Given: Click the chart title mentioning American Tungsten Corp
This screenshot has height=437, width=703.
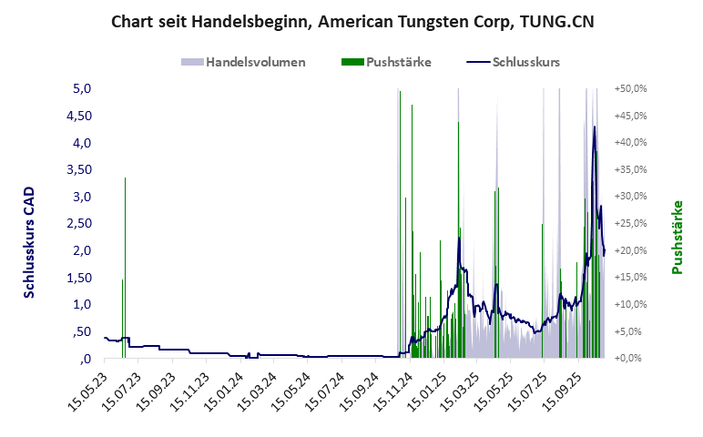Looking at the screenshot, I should (x=351, y=21).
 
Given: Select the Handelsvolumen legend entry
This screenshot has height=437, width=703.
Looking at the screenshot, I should (x=243, y=63).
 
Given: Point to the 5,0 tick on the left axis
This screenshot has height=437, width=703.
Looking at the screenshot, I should (x=83, y=89).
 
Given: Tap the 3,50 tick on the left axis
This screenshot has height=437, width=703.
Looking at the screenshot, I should (x=80, y=170).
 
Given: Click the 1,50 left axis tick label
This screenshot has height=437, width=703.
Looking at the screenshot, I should (x=80, y=278).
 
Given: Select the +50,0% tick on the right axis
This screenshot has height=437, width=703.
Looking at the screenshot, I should (x=631, y=89).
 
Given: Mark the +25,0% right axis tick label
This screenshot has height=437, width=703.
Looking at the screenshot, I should (x=631, y=224).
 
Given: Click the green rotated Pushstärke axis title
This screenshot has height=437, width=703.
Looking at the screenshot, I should (x=677, y=237).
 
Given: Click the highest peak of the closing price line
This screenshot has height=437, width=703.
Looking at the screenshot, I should (x=595, y=127).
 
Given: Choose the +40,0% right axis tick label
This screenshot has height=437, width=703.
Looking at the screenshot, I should (x=631, y=143).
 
